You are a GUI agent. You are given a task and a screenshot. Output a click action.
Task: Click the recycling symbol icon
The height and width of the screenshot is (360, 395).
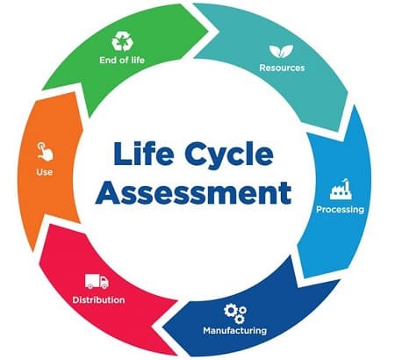coord(122,41)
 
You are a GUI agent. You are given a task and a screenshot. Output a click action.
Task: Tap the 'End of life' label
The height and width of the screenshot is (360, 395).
coord(122,60)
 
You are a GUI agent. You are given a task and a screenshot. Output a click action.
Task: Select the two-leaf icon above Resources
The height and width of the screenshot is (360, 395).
coord(281,51)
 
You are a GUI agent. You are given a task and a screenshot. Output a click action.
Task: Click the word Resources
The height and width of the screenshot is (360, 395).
coord(282,68)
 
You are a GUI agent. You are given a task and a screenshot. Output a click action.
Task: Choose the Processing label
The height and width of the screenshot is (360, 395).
coord(341,210)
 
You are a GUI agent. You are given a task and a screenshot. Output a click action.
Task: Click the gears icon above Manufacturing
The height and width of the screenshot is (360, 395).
coord(235,313)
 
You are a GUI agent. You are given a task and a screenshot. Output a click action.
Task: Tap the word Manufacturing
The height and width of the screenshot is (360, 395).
coord(235,330)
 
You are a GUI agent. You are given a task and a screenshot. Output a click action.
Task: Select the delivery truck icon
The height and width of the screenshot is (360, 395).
coord(97,281)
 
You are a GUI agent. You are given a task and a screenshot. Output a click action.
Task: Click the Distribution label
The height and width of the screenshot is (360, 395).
coord(98,300)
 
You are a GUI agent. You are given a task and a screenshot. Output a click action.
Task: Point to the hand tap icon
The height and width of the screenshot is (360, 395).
coord(45,151)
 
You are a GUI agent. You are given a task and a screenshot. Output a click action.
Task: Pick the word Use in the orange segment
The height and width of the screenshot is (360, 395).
coord(45,172)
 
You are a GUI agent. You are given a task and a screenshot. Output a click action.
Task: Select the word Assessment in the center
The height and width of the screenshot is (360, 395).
coord(193,192)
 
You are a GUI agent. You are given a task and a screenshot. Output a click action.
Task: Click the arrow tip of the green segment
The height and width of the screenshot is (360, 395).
coord(218,31)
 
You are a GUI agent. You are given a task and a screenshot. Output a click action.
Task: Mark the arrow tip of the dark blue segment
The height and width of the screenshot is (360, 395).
coord(162,326)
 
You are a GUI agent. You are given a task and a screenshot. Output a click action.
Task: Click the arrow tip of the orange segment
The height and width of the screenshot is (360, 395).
coord(42,89)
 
